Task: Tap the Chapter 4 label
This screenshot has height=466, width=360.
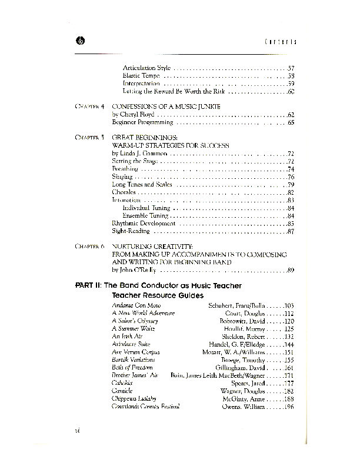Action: coord(89,106)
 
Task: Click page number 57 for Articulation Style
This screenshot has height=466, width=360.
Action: coord(290,68)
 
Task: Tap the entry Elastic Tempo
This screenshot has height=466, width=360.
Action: coord(142,76)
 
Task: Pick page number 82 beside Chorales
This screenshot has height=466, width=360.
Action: coord(290,192)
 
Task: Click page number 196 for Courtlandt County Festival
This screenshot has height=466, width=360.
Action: coord(288,406)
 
